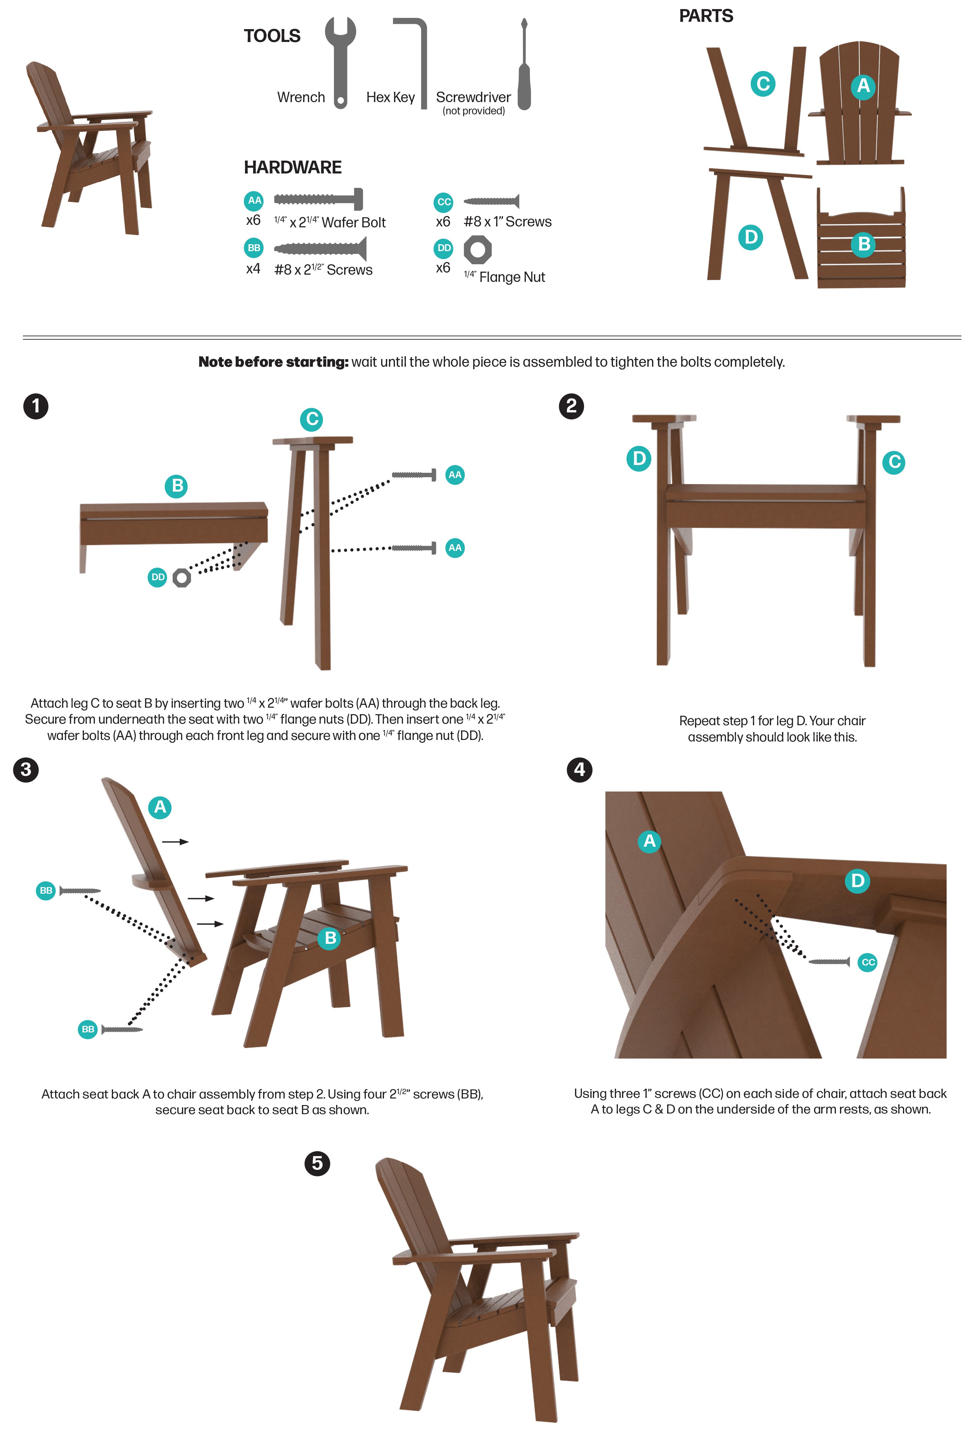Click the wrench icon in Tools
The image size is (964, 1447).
340,61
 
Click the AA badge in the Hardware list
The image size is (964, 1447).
254,200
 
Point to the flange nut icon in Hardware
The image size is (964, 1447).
478,250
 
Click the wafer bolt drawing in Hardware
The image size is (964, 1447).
319,199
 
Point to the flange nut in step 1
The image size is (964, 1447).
181,578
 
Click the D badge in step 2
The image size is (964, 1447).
639,458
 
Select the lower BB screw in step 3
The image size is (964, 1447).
122,1029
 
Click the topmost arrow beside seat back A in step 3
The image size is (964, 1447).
175,841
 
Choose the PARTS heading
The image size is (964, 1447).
706,16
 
